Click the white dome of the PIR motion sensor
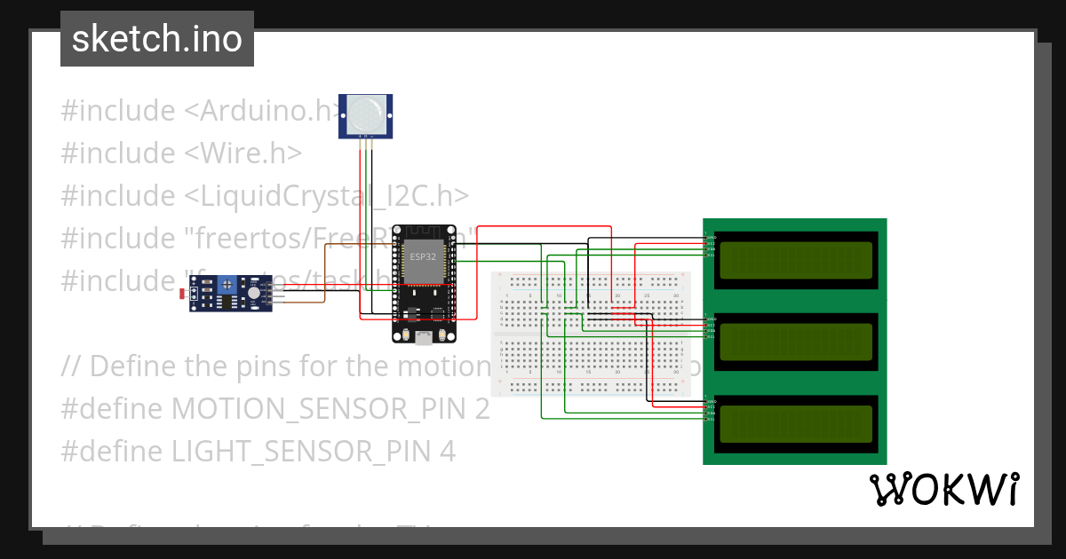click(366, 114)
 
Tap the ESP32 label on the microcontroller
click(423, 256)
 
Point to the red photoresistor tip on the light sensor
click(184, 293)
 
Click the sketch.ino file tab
click(157, 39)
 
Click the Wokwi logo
click(943, 490)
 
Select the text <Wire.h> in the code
click(243, 154)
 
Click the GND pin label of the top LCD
click(711, 238)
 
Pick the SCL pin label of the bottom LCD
click(711, 420)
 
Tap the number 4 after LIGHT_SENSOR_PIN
click(448, 452)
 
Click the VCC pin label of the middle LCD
click(711, 326)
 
